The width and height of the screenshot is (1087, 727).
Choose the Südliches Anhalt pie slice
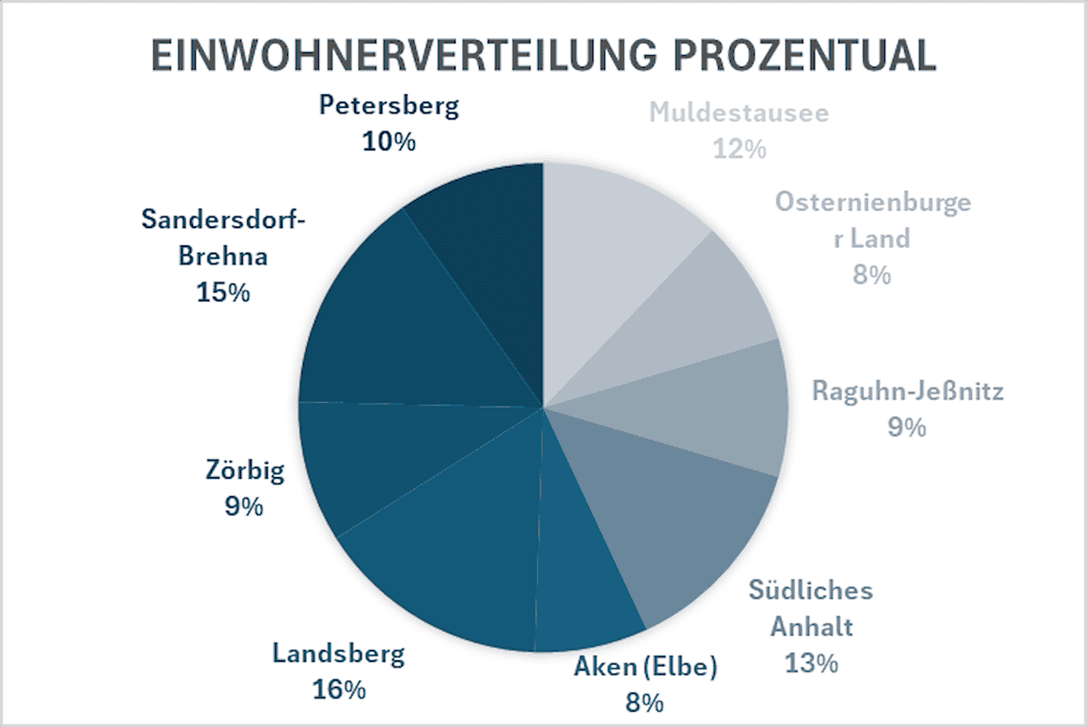tap(679, 516)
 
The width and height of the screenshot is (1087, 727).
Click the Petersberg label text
tap(390, 107)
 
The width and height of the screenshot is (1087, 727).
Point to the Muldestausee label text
tap(739, 114)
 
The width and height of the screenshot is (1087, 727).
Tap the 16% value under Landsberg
tap(340, 689)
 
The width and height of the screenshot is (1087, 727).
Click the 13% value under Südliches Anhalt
tap(812, 662)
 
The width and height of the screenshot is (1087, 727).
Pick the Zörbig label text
tap(245, 471)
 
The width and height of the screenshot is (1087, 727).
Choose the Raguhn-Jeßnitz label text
tap(908, 391)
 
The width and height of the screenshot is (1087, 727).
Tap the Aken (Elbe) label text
tap(646, 668)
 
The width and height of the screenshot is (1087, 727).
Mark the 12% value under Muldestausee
tap(739, 148)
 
